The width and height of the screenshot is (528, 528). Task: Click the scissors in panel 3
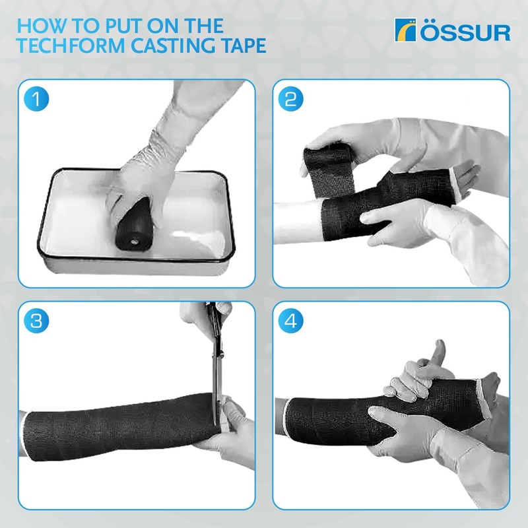tap(214, 363)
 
